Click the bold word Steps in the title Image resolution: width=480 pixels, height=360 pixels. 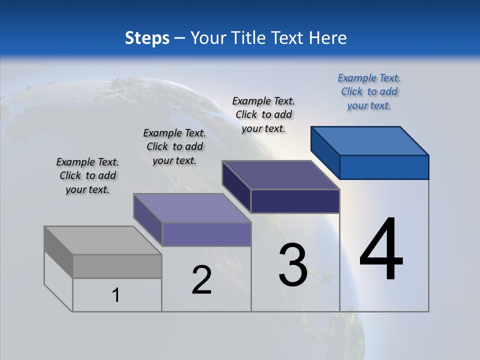[146, 38]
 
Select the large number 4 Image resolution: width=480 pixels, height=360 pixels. [381, 250]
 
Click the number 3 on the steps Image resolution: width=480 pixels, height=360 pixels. [293, 265]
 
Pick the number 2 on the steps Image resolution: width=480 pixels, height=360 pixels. [201, 280]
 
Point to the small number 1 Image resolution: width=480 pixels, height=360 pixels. [116, 295]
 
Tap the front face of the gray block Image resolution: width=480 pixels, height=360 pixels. [117, 266]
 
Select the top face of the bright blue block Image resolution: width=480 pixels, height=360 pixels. [370, 140]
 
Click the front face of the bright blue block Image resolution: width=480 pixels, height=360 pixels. [384, 167]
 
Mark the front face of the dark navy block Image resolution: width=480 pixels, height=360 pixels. [295, 201]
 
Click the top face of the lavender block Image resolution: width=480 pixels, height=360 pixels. [192, 208]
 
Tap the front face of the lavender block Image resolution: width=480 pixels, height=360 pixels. [206, 234]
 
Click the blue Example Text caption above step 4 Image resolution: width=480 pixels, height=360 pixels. [369, 91]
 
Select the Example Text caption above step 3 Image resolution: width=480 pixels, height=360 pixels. [263, 114]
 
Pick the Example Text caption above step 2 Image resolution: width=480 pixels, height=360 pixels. [174, 146]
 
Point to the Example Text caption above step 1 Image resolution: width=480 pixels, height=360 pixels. [87, 175]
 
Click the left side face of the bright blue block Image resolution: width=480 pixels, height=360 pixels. [325, 152]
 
